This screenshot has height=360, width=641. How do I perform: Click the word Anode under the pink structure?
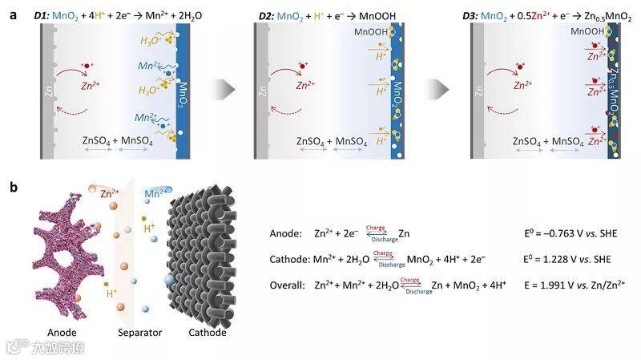click(62, 332)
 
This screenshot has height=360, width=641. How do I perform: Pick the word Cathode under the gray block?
click(207, 332)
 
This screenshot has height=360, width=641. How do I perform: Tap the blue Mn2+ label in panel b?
click(156, 193)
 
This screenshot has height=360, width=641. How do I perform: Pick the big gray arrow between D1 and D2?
click(229, 87)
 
